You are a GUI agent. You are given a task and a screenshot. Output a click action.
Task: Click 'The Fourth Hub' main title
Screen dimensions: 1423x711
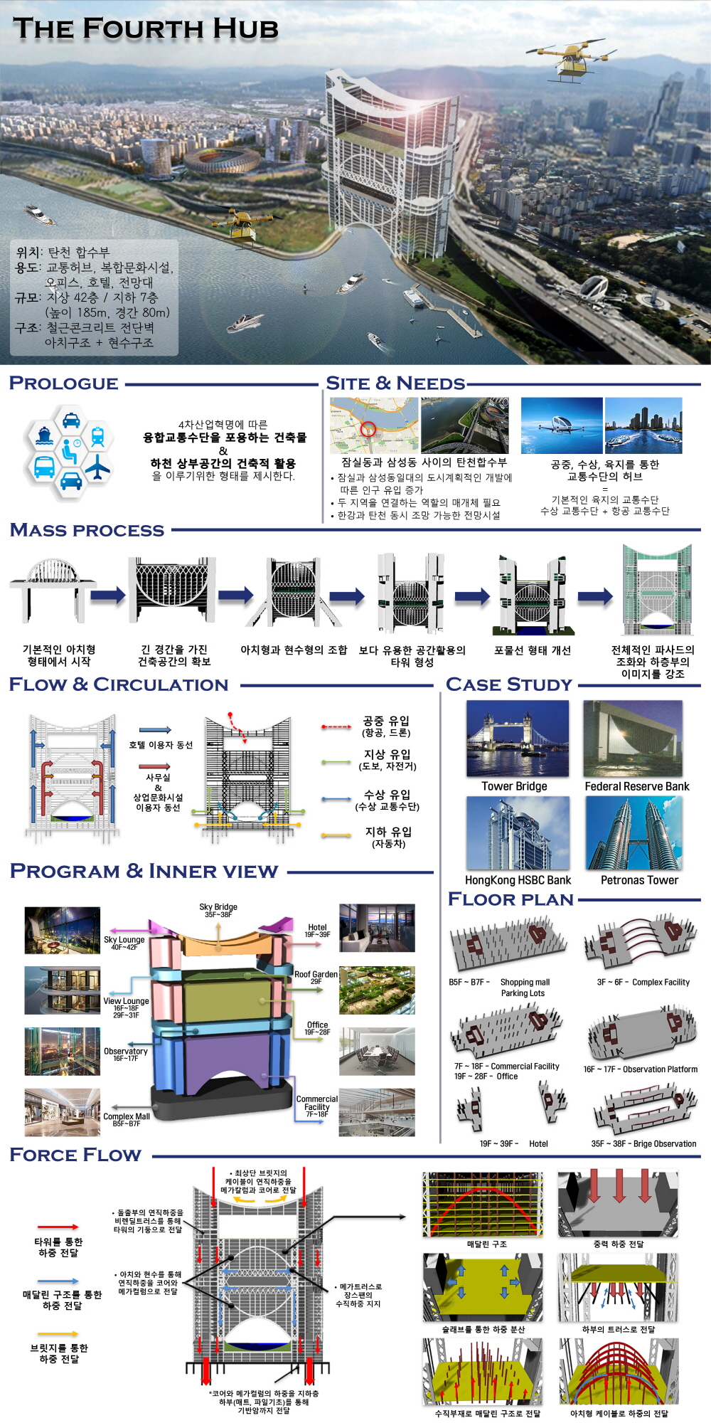click(x=146, y=28)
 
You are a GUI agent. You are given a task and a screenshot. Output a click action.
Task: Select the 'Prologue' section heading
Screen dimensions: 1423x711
click(x=64, y=383)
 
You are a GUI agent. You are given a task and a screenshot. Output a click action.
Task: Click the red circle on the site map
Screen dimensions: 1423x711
click(x=368, y=428)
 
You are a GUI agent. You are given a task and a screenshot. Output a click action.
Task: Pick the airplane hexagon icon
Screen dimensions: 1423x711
click(x=97, y=467)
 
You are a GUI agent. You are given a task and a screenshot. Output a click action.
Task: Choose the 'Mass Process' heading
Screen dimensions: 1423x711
click(x=87, y=530)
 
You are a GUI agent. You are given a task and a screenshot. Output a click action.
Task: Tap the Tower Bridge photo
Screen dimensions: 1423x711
click(x=518, y=738)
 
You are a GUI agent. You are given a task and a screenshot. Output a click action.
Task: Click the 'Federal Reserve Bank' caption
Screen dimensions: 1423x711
click(x=637, y=786)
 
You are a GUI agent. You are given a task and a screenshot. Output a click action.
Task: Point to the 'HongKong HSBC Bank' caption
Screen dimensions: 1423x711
click(x=518, y=880)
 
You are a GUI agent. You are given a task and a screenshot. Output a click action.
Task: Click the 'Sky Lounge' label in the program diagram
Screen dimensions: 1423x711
click(x=124, y=940)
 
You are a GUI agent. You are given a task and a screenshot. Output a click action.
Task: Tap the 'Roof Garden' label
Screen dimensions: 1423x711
click(x=316, y=974)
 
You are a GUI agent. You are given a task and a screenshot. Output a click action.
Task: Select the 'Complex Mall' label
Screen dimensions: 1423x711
click(x=127, y=1116)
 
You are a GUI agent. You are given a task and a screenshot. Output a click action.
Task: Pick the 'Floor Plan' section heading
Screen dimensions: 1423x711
click(x=510, y=899)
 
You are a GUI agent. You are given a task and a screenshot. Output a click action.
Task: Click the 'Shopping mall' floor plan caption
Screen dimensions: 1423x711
click(x=525, y=982)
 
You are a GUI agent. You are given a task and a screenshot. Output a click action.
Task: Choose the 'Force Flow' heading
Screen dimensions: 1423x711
click(x=75, y=1155)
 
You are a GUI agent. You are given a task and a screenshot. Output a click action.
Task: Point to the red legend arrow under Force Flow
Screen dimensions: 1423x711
click(x=58, y=1227)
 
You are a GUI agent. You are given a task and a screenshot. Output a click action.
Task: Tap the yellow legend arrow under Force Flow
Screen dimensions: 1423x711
click(x=58, y=1333)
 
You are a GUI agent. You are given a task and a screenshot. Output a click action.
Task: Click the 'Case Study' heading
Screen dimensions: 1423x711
click(x=509, y=684)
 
